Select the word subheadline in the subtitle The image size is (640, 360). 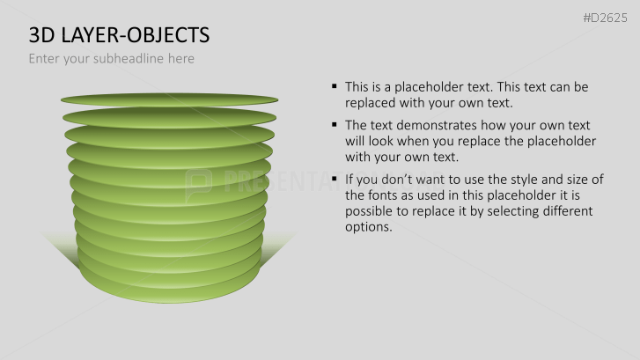point(120,59)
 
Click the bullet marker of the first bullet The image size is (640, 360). point(335,86)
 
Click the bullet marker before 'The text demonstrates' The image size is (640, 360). point(335,124)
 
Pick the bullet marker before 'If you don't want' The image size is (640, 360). point(335,179)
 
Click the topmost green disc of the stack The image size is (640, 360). point(168,98)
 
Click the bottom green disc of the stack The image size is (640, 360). point(168,290)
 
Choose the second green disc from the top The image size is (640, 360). point(168,117)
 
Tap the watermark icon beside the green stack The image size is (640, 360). point(198,182)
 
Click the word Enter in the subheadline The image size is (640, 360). point(45,59)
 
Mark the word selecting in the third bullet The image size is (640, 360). point(498,211)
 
